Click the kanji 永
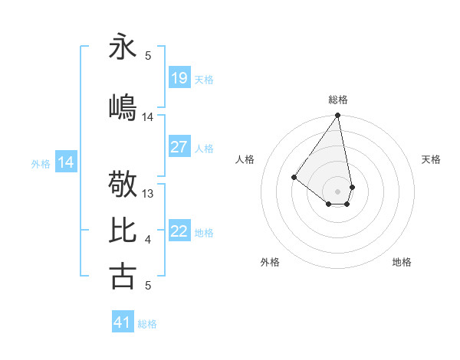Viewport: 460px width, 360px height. point(123,46)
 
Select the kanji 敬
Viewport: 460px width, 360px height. point(123,185)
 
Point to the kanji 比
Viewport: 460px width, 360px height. point(123,231)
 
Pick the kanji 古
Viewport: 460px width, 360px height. point(123,276)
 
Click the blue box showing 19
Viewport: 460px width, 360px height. point(179,78)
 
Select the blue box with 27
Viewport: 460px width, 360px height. point(179,147)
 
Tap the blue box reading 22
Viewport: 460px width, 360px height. point(179,231)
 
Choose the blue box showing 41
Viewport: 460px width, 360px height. point(123,322)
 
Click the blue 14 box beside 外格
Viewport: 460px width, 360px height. point(66,162)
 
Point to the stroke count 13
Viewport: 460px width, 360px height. point(149,194)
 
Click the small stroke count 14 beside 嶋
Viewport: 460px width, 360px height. point(148,117)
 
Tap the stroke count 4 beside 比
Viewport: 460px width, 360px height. point(148,241)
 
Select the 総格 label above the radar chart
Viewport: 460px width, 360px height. point(337,100)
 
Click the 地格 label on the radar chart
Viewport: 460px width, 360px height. point(402,262)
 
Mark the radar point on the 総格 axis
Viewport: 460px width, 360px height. point(337,116)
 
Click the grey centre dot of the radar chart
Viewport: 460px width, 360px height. point(337,191)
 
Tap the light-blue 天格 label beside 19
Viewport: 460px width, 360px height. point(204,79)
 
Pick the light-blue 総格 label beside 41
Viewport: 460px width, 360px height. point(148,323)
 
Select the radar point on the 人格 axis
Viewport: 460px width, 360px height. point(294,177)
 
